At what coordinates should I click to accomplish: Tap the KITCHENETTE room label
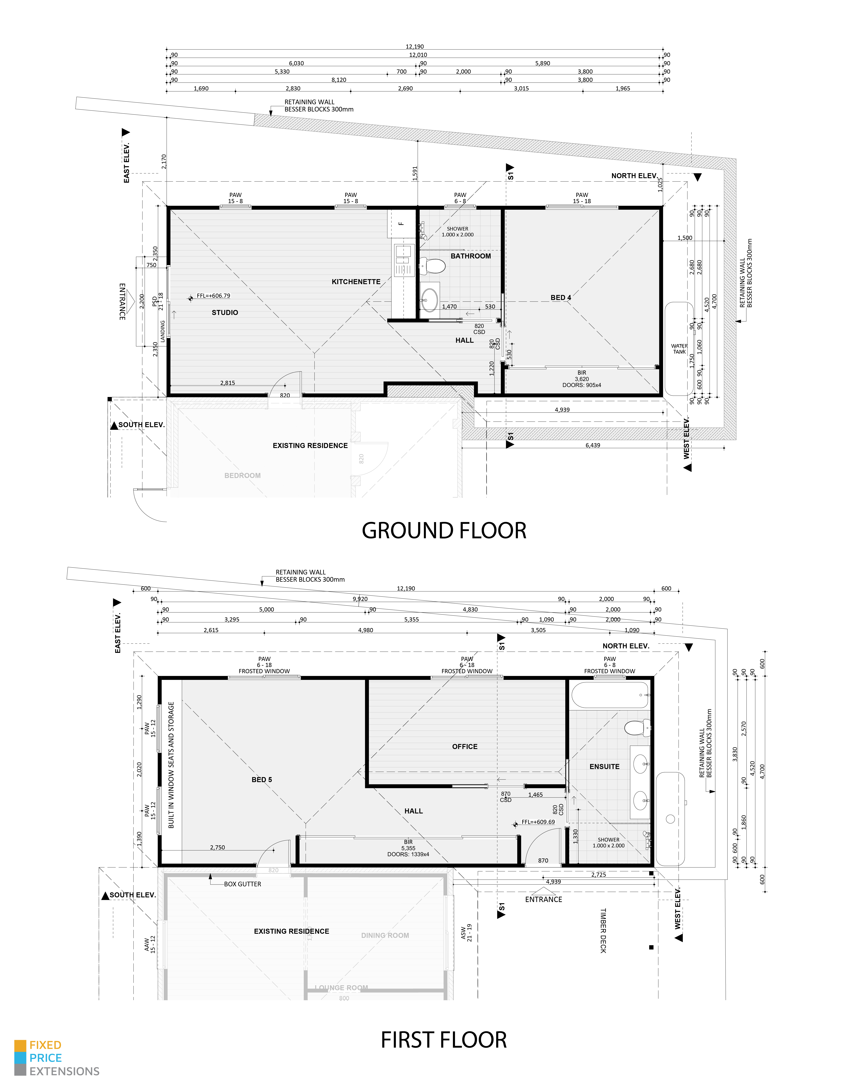356,282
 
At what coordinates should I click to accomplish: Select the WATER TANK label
679,349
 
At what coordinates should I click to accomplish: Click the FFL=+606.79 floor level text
213,296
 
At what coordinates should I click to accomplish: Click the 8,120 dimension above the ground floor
339,80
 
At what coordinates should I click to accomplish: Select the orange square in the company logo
20,1045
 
